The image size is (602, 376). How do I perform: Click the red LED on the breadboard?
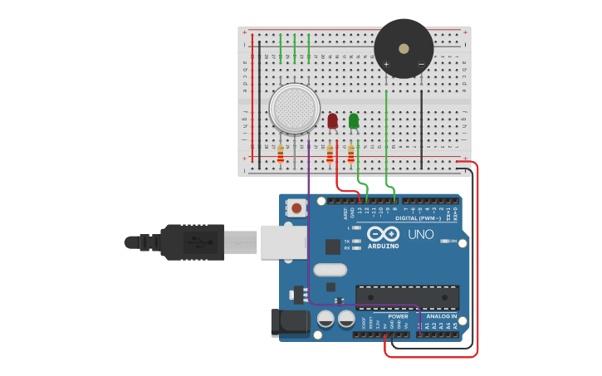coord(332,121)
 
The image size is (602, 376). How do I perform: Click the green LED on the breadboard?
coord(354,121)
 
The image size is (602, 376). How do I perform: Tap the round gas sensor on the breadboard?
coord(295,109)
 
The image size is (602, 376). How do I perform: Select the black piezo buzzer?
coord(404,48)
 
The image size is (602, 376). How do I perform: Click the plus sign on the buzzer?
coord(386,64)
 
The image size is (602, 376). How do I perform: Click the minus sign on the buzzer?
coord(421,64)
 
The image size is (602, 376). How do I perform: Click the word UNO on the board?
coord(421,235)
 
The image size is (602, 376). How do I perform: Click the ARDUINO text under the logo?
coord(382,247)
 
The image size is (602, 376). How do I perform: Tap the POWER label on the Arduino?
coord(398,316)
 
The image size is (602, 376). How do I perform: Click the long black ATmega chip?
coord(407,297)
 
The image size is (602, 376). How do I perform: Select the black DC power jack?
coord(290,323)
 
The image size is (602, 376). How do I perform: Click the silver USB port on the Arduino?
coord(283,242)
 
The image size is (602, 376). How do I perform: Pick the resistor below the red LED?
coord(330,154)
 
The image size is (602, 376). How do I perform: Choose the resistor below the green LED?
coord(351,154)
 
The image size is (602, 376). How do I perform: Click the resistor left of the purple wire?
coord(281,154)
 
